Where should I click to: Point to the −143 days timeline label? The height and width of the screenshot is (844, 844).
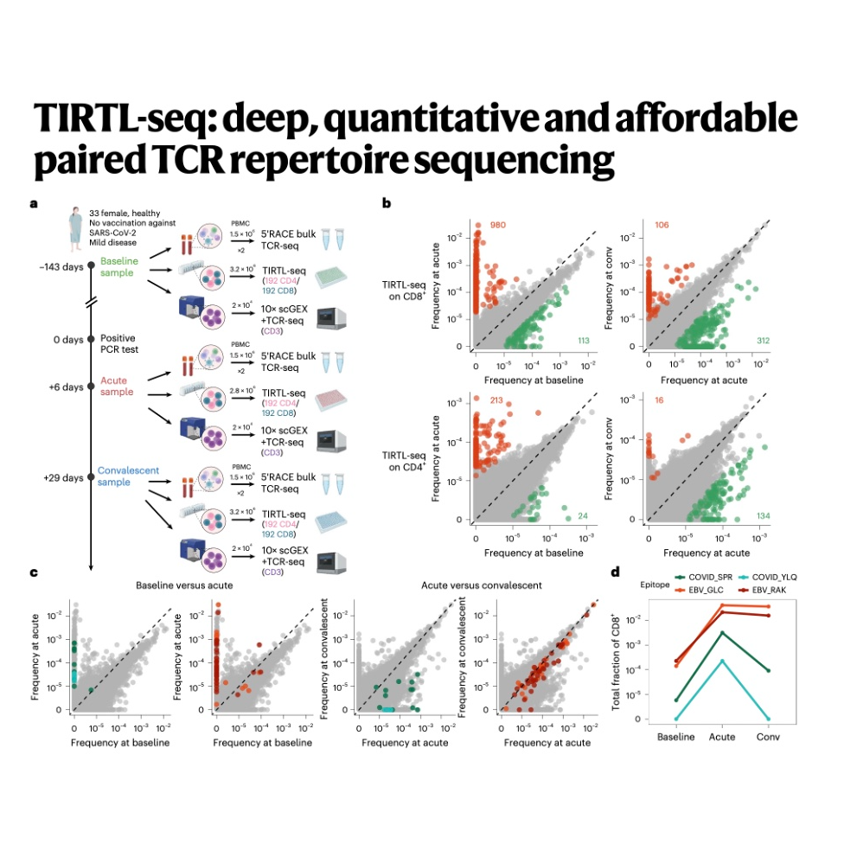pyautogui.click(x=60, y=266)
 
